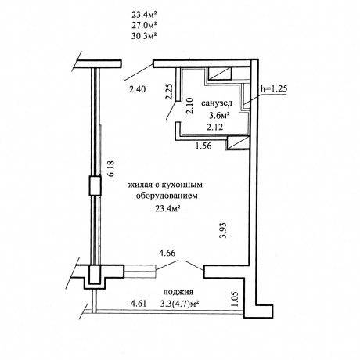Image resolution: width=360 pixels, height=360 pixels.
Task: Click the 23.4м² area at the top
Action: pyautogui.click(x=146, y=14)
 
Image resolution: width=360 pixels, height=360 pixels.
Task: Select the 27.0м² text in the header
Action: pyautogui.click(x=146, y=25)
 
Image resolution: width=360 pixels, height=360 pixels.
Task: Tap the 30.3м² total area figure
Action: pyautogui.click(x=146, y=36)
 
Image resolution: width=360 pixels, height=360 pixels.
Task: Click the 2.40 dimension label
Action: pyautogui.click(x=137, y=89)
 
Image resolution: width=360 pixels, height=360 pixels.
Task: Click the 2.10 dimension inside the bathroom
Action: pyautogui.click(x=189, y=106)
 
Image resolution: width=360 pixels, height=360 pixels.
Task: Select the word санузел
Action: pyautogui.click(x=217, y=103)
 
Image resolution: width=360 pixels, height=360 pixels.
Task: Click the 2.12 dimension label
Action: pyautogui.click(x=214, y=128)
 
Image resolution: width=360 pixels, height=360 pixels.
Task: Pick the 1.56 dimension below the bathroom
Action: pyautogui.click(x=203, y=146)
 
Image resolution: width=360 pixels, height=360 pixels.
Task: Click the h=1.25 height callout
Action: pyautogui.click(x=274, y=88)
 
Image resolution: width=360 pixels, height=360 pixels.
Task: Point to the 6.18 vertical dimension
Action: pyautogui.click(x=112, y=169)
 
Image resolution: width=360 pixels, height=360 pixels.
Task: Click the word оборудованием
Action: pyautogui.click(x=167, y=196)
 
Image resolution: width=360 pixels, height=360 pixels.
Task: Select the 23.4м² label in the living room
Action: pyautogui.click(x=168, y=208)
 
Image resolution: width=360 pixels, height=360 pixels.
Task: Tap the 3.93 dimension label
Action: pyautogui.click(x=223, y=230)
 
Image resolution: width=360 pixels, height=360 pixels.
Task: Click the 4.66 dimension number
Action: pyautogui.click(x=167, y=253)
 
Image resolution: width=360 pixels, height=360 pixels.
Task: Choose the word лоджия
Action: pyautogui.click(x=178, y=292)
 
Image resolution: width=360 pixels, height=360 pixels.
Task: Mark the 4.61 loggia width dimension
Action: pyautogui.click(x=139, y=304)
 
